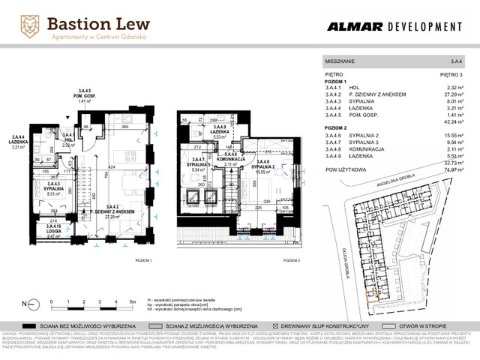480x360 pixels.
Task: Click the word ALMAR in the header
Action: tap(355, 27)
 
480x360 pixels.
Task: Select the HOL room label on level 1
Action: tap(68, 141)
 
